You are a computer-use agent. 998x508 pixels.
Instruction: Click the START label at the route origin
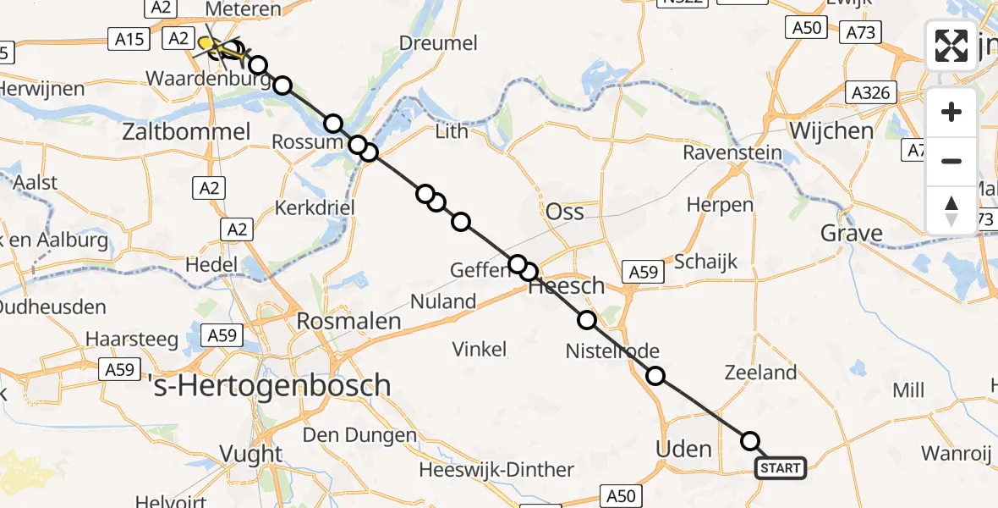[780, 468]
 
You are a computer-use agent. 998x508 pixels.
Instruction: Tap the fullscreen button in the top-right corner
[951, 46]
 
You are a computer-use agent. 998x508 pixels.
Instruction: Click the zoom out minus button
[951, 161]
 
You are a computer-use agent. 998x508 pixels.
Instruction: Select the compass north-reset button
[951, 210]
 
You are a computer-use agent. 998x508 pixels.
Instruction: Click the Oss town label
[565, 212]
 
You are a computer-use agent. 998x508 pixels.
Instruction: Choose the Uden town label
[683, 448]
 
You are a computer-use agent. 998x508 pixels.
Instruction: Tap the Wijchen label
[819, 130]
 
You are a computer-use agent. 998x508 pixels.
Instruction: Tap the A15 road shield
[128, 38]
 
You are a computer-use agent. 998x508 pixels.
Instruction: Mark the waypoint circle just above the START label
[750, 441]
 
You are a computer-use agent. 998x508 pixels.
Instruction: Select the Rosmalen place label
[348, 321]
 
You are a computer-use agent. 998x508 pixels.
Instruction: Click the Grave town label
[852, 233]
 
